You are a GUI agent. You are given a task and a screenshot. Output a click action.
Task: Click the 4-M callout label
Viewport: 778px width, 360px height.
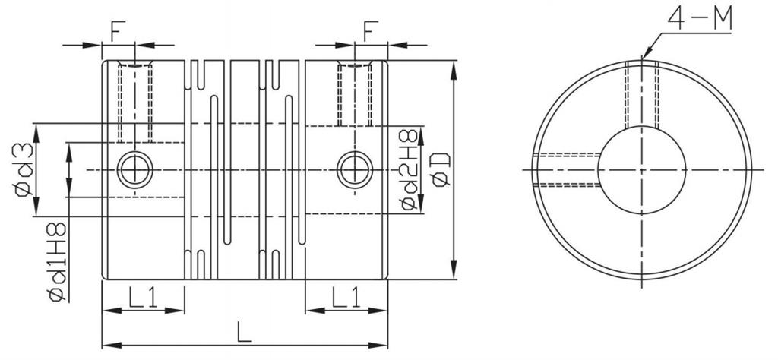(700, 19)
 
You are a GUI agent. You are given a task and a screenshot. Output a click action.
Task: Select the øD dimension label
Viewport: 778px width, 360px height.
(441, 169)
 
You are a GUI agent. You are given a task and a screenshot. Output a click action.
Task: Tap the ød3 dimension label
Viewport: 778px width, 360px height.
(24, 169)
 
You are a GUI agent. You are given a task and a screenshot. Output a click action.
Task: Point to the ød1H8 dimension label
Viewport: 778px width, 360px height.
(57, 261)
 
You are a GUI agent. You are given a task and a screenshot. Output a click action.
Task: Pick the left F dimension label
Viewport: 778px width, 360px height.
(118, 30)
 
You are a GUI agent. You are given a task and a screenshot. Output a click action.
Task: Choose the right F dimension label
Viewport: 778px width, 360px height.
(371, 30)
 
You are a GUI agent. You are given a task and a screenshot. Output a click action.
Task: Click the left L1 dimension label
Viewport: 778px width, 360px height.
(143, 298)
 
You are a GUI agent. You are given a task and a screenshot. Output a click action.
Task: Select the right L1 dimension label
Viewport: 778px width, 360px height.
(346, 298)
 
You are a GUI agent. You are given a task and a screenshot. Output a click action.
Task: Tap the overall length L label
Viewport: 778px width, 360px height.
(244, 332)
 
